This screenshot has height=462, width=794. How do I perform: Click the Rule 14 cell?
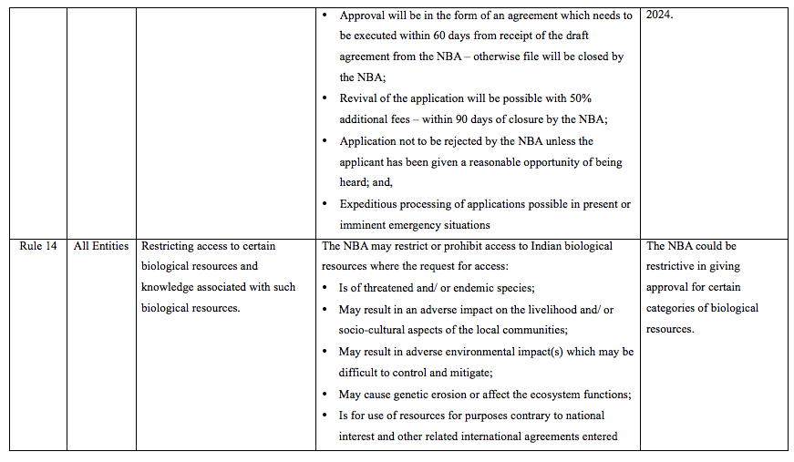pyautogui.click(x=37, y=246)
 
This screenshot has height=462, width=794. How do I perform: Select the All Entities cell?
pyautogui.click(x=101, y=246)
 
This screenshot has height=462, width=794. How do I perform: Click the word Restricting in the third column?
pyautogui.click(x=170, y=246)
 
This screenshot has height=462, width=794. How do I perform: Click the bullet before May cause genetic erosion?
pyautogui.click(x=327, y=394)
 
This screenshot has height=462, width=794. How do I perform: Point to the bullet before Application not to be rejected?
pyautogui.click(x=327, y=141)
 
